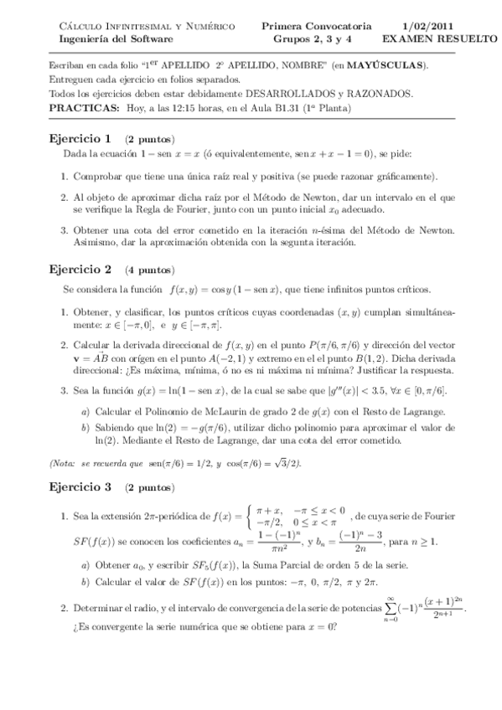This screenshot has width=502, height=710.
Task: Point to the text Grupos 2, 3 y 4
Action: pyautogui.click(x=308, y=39)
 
